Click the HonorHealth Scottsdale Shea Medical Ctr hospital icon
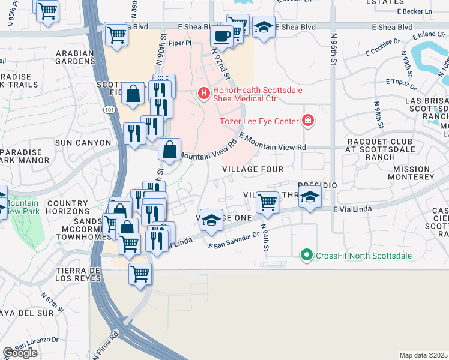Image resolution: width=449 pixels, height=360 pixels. pyautogui.click(x=203, y=93)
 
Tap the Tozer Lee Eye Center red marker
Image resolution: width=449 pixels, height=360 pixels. pyautogui.click(x=308, y=121)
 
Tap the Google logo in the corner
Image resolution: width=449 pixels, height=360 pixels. pyautogui.click(x=20, y=353)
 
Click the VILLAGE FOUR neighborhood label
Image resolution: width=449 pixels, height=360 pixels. pyautogui.click(x=253, y=169)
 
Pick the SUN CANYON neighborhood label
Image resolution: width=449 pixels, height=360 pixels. pyautogui.click(x=83, y=143)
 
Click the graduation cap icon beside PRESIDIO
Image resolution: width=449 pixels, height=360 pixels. pyautogui.click(x=309, y=198)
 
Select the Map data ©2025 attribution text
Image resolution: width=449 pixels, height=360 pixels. pyautogui.click(x=424, y=355)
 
